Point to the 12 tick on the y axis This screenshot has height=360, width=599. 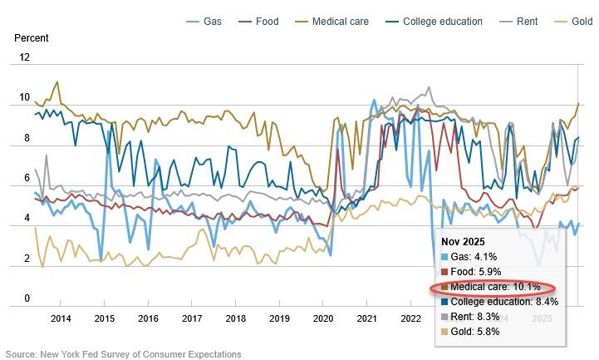[24, 57]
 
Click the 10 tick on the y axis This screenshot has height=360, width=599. [24, 98]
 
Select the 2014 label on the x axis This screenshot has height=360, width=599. [61, 318]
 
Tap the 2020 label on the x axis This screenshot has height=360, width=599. [322, 318]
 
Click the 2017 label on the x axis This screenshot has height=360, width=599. [192, 318]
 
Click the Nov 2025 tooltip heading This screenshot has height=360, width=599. [463, 241]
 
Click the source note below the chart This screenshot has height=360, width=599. [122, 353]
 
